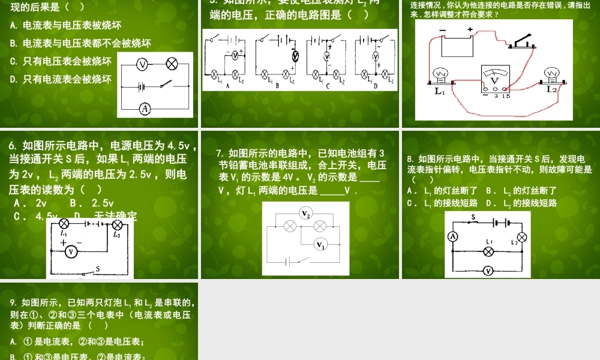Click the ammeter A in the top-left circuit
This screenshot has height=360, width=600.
[145, 109]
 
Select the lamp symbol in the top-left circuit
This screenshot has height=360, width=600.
[171, 64]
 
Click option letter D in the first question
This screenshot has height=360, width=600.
[14, 79]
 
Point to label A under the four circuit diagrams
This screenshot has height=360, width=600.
[228, 86]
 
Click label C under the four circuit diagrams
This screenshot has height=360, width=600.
[328, 86]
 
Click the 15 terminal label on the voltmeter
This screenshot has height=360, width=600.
[506, 95]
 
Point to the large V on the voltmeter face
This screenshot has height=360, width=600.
[494, 80]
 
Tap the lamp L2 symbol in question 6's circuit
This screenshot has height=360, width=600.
[118, 225]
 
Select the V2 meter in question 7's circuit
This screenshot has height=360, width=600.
[306, 214]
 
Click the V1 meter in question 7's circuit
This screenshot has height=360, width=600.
[321, 244]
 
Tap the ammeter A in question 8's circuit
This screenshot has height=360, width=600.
[454, 237]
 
